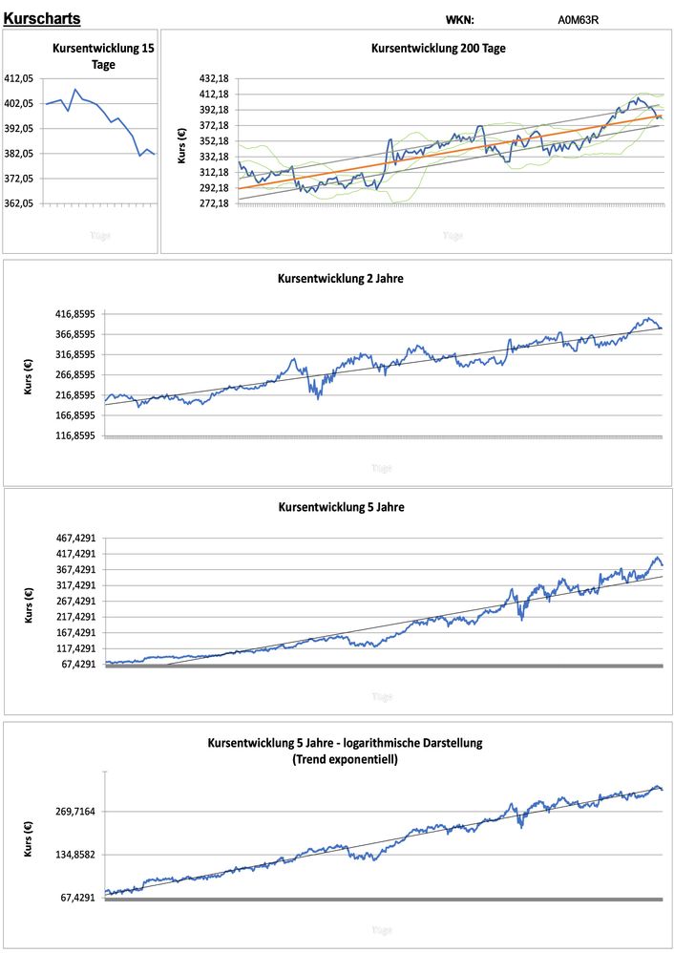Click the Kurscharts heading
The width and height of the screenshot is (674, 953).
[x=42, y=19]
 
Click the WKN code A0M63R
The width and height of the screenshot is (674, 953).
[x=579, y=19]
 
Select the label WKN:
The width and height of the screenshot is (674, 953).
[x=459, y=19]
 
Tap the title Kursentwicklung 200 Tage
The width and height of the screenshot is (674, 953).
[x=437, y=48]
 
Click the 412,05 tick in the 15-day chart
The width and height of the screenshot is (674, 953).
[x=21, y=78]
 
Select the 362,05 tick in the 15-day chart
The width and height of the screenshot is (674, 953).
[x=21, y=203]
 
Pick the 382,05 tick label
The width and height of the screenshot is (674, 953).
[x=21, y=154]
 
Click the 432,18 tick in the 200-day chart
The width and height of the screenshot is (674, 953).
[x=213, y=78]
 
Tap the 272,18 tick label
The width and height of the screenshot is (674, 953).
[x=213, y=203]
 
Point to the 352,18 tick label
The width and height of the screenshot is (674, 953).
[x=213, y=141]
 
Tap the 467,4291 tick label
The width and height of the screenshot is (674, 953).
[x=79, y=539]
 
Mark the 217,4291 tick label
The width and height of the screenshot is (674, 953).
[x=79, y=617]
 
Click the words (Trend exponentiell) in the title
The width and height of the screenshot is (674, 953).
[x=346, y=760]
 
